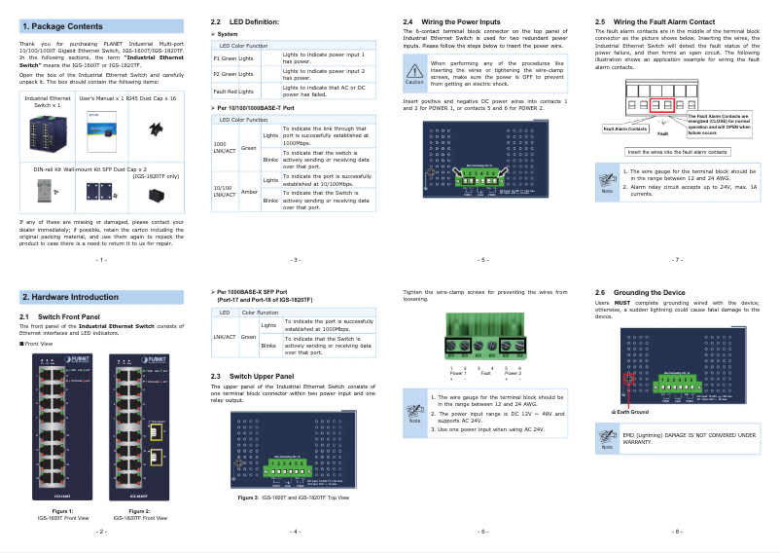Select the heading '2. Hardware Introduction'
point(70,296)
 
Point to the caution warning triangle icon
point(415,69)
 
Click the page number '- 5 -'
point(483,260)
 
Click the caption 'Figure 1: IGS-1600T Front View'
point(62,514)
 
